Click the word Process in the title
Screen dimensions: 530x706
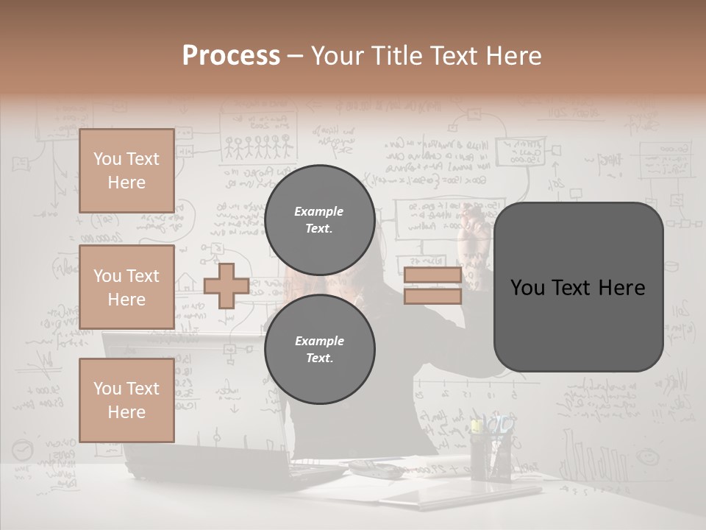231,56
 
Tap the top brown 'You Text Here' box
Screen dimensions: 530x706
126,171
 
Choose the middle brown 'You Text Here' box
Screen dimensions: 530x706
126,287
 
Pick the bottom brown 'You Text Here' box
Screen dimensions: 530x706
126,400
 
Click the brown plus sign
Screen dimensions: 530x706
226,286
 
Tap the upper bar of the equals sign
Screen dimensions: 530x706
432,275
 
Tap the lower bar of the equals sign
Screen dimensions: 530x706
432,296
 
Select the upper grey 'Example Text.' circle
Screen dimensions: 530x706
319,219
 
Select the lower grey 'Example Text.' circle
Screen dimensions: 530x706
319,349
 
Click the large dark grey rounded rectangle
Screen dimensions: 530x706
578,287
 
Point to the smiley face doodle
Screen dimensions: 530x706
648,456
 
